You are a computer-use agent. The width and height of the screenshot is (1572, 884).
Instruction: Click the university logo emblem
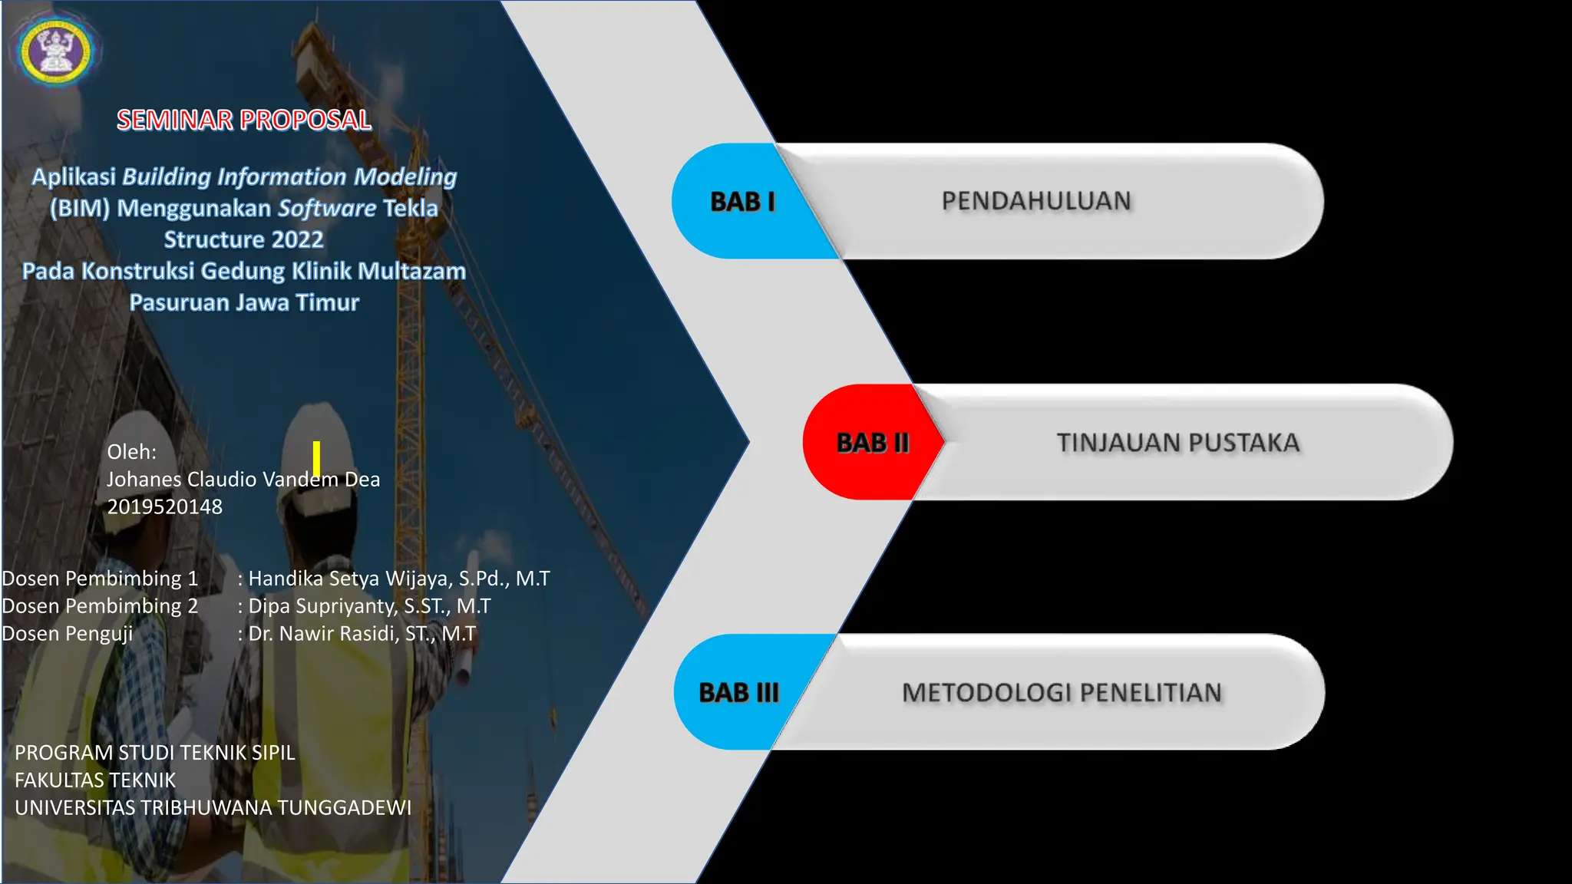(x=54, y=51)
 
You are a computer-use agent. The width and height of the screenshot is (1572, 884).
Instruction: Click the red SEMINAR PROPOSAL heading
(x=244, y=120)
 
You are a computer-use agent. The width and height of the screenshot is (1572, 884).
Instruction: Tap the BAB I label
(x=742, y=202)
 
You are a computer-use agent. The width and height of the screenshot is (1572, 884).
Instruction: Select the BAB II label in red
(x=873, y=443)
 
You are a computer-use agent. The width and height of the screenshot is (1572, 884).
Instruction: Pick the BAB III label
(x=738, y=692)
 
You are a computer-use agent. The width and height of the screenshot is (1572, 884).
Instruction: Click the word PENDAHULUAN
(x=1036, y=201)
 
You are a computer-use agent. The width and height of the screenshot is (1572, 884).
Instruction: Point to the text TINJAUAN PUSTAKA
(x=1178, y=443)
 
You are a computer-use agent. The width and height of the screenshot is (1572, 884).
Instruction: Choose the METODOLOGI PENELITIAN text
(x=1062, y=692)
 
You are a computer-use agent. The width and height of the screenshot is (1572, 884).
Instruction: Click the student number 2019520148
(x=164, y=506)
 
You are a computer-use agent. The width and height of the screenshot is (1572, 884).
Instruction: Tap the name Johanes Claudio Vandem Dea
(x=243, y=480)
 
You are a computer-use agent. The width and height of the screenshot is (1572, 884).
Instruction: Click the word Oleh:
(x=131, y=452)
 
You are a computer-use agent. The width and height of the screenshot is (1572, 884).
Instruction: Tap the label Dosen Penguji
(x=68, y=634)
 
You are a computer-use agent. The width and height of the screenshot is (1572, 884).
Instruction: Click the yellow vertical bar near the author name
(x=316, y=458)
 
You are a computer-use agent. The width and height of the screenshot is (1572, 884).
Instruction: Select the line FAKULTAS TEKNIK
(x=95, y=780)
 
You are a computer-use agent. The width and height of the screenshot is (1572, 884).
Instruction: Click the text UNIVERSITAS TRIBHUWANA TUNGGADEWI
(x=213, y=808)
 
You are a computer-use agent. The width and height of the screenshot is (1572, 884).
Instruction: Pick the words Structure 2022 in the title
(x=243, y=239)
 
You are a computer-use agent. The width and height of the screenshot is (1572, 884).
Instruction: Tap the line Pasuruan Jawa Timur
(x=244, y=302)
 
